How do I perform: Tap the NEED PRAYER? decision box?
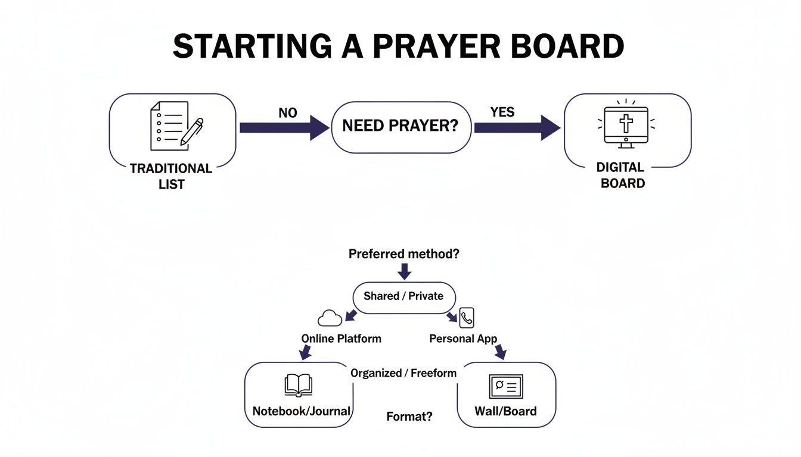(x=401, y=127)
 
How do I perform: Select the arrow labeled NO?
(x=284, y=127)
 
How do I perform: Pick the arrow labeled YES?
(x=517, y=127)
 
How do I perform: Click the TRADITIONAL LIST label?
(x=171, y=176)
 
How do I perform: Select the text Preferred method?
(x=403, y=254)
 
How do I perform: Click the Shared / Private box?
(x=403, y=296)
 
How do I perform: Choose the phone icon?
(x=467, y=318)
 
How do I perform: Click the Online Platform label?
(x=341, y=339)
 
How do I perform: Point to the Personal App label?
(x=463, y=339)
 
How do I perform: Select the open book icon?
(x=298, y=386)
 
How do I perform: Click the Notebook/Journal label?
(x=302, y=411)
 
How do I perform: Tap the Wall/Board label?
(x=505, y=411)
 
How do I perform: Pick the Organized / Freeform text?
(x=403, y=373)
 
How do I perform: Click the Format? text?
(x=409, y=417)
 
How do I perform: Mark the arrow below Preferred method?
(x=404, y=271)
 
